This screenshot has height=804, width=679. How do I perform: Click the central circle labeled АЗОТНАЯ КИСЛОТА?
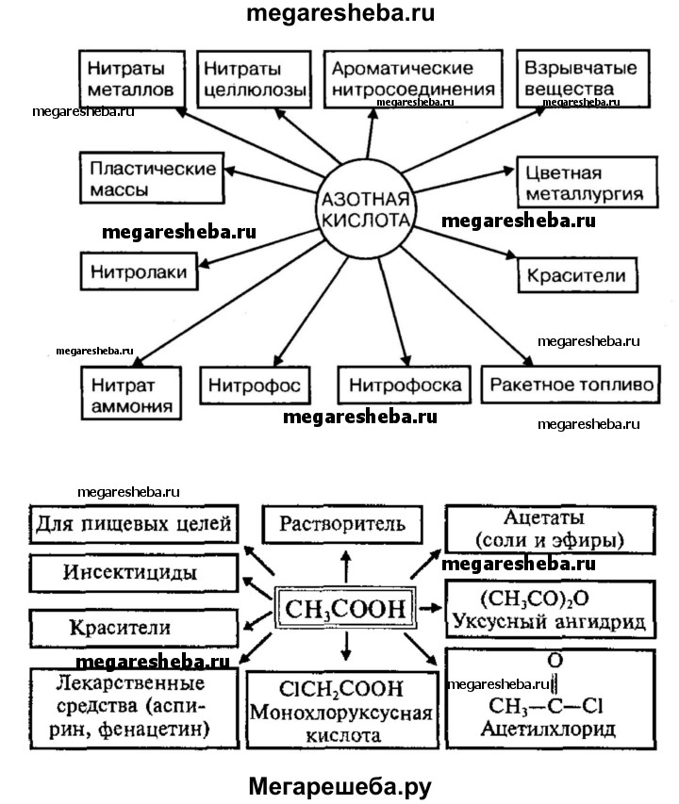click(367, 212)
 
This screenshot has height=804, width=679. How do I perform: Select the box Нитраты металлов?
click(128, 80)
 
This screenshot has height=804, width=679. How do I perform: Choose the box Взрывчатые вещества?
click(579, 80)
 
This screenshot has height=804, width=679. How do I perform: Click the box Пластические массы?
click(151, 177)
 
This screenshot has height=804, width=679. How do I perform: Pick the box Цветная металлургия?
click(586, 184)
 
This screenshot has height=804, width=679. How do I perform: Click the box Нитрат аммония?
click(130, 394)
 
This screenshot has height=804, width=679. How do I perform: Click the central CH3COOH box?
click(344, 610)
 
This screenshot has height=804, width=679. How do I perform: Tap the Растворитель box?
click(345, 524)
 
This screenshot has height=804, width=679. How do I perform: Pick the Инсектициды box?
click(131, 573)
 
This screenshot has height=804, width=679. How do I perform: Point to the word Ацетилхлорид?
click(547, 729)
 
